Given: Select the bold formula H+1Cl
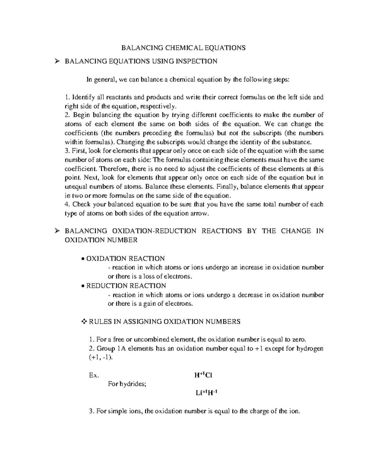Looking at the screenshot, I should tap(203, 375).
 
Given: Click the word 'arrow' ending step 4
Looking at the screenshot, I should tap(201, 213).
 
